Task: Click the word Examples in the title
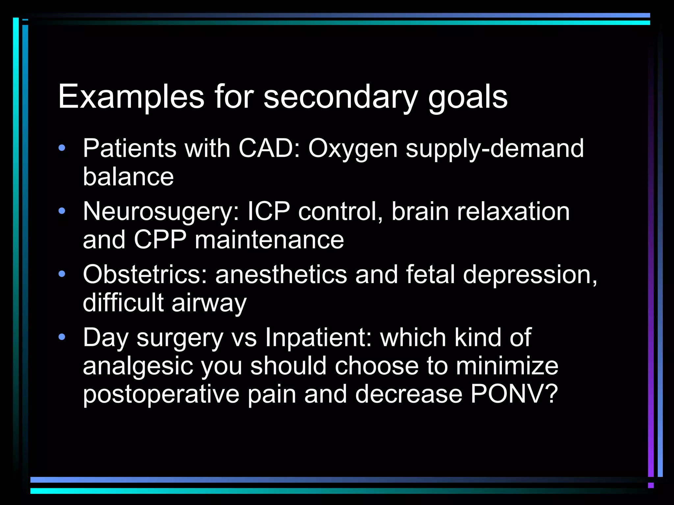(131, 97)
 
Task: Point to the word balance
(128, 177)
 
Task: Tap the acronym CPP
(160, 240)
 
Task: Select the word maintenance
(269, 240)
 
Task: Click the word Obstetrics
(145, 275)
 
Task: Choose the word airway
(209, 303)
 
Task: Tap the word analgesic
(138, 366)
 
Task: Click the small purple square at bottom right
(651, 485)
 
